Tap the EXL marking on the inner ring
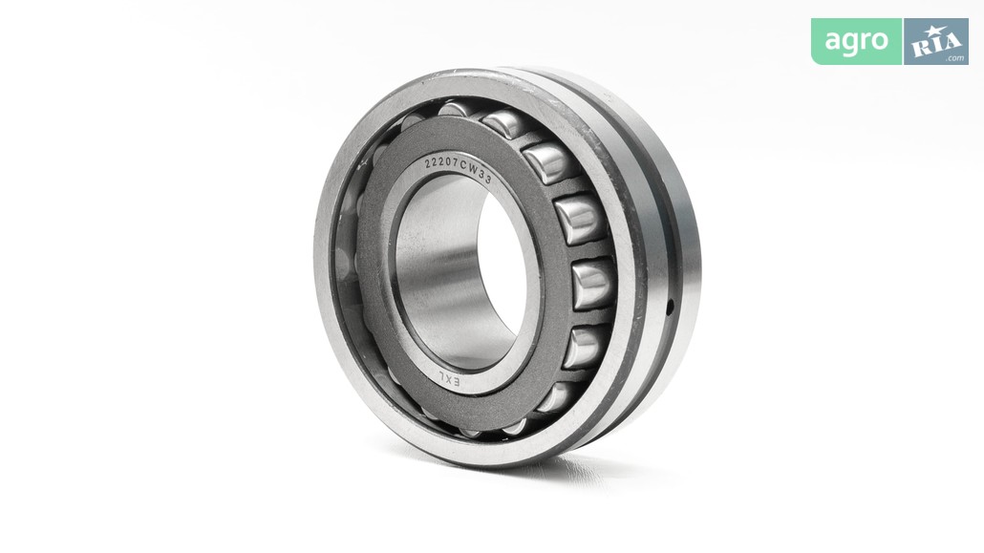click(448, 379)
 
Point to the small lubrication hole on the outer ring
click(671, 307)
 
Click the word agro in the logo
click(856, 41)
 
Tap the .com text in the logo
click(955, 57)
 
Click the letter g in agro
click(849, 44)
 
